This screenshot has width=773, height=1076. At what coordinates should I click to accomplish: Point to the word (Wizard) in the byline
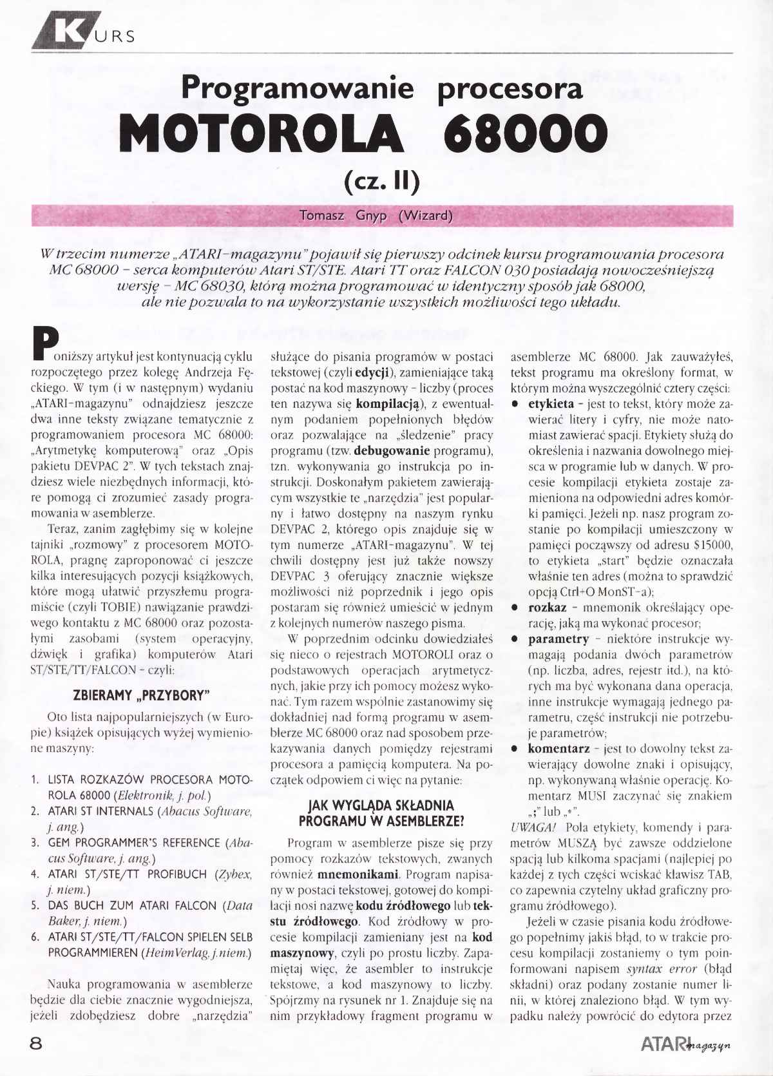click(425, 216)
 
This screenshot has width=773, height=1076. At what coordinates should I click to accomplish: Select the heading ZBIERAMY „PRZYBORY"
click(142, 696)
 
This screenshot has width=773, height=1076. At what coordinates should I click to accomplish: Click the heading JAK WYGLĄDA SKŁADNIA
click(381, 805)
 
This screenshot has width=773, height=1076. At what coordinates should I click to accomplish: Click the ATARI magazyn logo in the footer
click(687, 1044)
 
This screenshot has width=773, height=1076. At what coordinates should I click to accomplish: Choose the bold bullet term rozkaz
click(547, 608)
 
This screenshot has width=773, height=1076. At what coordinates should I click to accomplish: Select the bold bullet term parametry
click(558, 639)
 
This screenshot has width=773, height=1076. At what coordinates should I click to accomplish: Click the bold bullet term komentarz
click(558, 749)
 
